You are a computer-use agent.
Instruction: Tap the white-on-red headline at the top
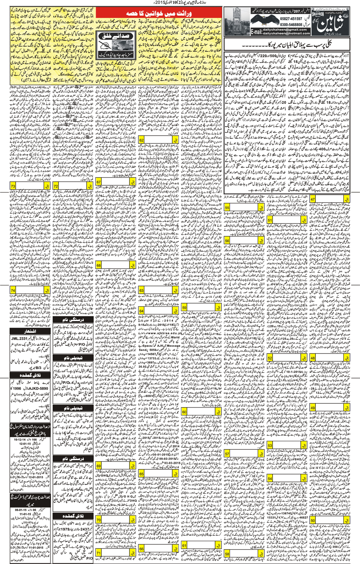pyautogui.click(x=159, y=13)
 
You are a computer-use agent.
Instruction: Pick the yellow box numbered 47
pyautogui.click(x=313, y=199)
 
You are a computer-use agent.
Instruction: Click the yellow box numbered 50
pyautogui.click(x=313, y=520)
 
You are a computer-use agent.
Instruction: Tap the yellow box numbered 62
pyautogui.click(x=142, y=140)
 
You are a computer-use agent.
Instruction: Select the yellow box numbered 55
pyautogui.click(x=227, y=208)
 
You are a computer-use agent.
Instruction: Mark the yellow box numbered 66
pyautogui.click(x=142, y=549)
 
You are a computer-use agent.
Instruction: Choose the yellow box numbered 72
pyautogui.click(x=56, y=186)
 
